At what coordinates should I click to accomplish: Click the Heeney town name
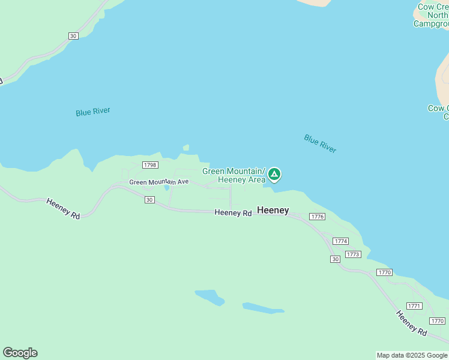pos(273,211)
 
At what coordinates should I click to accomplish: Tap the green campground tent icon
pos(274,175)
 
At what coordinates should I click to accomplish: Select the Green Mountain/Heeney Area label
pos(234,175)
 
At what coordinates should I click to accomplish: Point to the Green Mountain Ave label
pos(159,182)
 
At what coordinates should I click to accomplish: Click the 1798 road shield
pos(150,165)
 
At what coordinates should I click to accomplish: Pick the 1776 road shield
pos(317,217)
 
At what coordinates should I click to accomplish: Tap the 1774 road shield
pos(341,241)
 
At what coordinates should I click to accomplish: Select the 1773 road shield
pos(353,254)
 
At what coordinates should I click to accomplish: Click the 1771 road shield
pos(414,306)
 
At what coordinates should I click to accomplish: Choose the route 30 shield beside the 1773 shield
pos(335,259)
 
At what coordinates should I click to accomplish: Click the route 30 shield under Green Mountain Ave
pos(149,200)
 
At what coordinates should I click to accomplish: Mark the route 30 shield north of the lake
pos(73,36)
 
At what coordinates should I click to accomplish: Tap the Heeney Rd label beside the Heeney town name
pos(233,213)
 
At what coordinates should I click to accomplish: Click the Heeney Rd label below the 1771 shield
pos(411,323)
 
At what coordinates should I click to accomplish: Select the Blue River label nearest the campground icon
pos(320,143)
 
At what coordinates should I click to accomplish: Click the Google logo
pos(20,353)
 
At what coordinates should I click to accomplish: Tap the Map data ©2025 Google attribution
pos(412,355)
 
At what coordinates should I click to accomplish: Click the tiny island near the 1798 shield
pos(186,148)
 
